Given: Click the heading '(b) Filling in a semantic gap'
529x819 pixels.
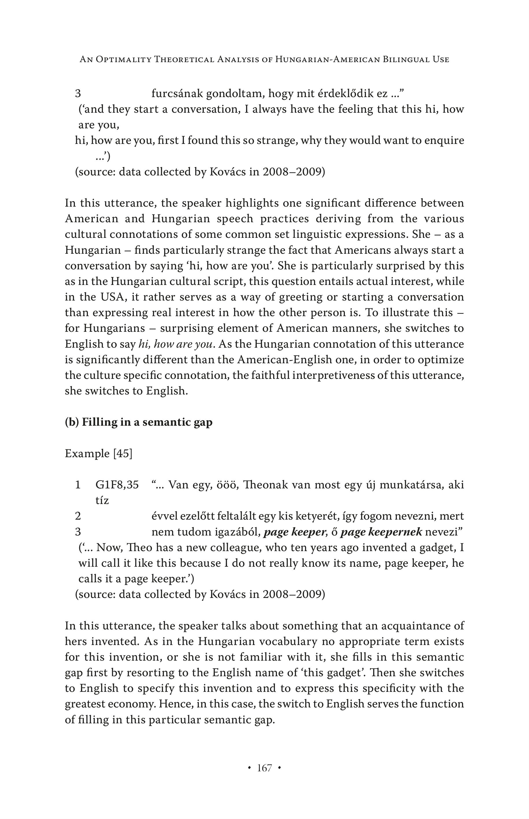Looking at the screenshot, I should click(138, 422).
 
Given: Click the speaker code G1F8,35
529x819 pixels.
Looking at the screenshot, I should click(117, 485).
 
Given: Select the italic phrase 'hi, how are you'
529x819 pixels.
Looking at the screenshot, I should click(177, 344).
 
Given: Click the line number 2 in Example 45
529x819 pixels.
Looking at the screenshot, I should click(78, 516).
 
